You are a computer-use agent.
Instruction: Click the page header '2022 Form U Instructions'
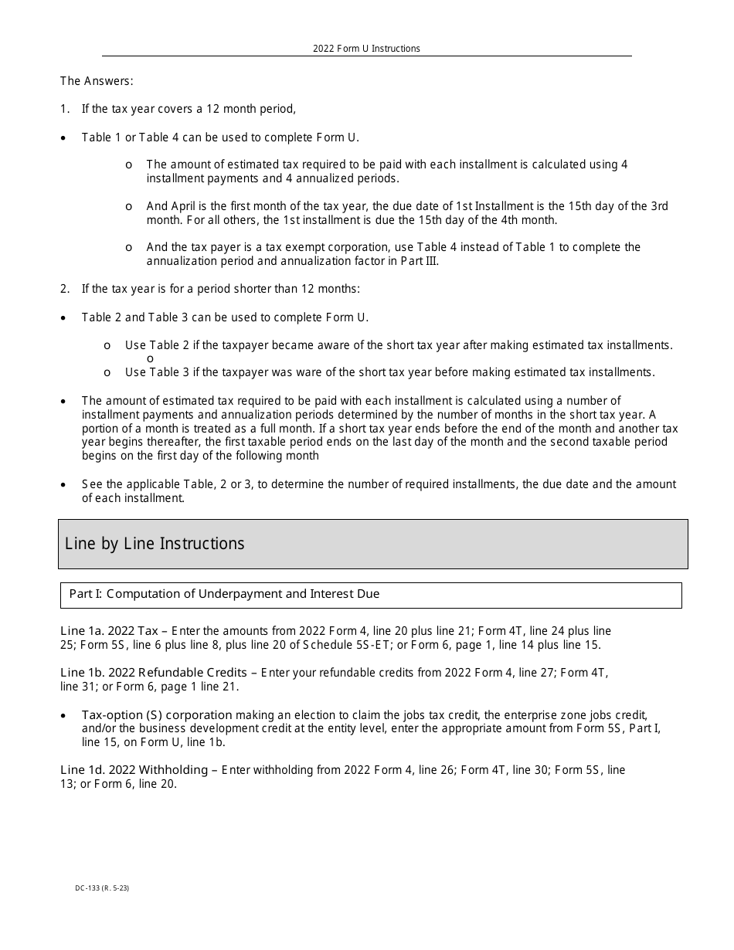(x=366, y=49)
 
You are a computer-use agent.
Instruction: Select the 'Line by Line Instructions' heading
(x=155, y=544)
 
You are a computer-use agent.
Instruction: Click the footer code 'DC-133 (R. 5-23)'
(x=102, y=888)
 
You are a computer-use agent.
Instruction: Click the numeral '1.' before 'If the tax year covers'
(x=65, y=109)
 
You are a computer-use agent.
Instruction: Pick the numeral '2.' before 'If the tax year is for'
(x=65, y=289)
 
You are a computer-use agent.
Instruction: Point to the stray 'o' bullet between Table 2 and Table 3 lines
(x=150, y=359)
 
